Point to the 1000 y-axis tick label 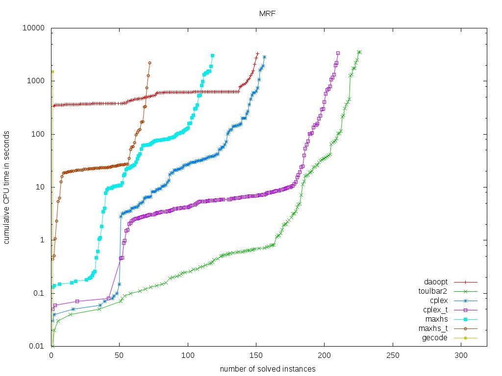point(36,81)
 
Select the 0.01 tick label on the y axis point(38,347)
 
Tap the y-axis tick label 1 point(43,240)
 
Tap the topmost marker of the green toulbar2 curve point(359,52)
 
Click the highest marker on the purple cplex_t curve point(338,53)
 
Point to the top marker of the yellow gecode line point(52,71)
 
